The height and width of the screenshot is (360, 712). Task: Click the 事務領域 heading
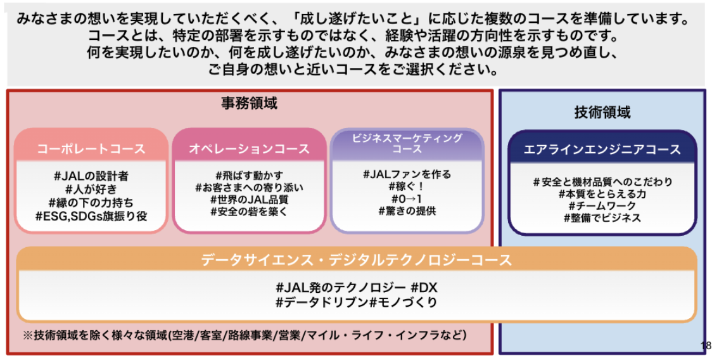249,103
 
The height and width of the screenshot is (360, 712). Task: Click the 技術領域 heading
602,112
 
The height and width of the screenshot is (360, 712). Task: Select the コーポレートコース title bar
91,149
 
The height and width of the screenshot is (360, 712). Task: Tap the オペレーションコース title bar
249,149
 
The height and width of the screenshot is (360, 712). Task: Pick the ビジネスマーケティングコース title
407,143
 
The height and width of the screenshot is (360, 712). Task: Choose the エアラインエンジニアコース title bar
602,150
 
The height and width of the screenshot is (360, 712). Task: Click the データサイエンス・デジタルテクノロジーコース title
356,260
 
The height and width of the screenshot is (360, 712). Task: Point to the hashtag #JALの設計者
91,176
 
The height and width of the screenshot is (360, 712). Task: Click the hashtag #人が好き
91,190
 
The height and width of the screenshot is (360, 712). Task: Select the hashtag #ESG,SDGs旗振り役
91,216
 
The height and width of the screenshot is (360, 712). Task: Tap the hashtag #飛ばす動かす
249,175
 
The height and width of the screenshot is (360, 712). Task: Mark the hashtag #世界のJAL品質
249,199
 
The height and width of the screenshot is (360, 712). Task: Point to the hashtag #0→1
407,198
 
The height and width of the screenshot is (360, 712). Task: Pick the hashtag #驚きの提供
407,211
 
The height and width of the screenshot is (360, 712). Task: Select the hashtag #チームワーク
602,205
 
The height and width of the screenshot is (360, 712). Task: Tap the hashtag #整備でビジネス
602,217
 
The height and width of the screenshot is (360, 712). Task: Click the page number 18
706,345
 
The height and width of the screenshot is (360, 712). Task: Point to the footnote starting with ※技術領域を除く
245,335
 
